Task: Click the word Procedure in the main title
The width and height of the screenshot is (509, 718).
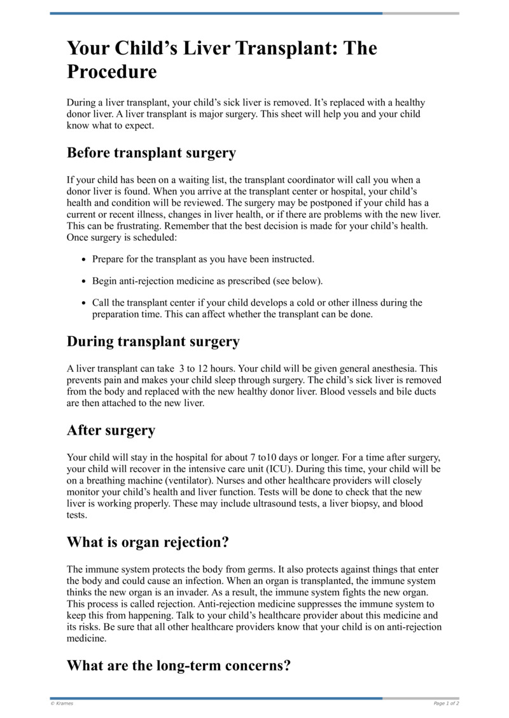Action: tap(111, 71)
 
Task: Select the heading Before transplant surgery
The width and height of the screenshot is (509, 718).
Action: tap(151, 153)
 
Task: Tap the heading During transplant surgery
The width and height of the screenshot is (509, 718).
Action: tap(153, 341)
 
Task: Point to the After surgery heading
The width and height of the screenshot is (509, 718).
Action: tap(111, 430)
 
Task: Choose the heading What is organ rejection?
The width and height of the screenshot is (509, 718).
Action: tap(148, 543)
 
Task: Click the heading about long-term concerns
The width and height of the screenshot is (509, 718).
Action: tap(179, 666)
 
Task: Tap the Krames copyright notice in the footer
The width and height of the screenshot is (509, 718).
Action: tap(62, 703)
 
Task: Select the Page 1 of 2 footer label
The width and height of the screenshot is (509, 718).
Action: tap(446, 703)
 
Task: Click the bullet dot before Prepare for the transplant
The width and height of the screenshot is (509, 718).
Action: tap(85, 260)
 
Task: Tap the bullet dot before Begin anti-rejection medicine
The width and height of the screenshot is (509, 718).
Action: tap(85, 281)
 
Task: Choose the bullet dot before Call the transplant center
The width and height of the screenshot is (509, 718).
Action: tap(85, 303)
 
